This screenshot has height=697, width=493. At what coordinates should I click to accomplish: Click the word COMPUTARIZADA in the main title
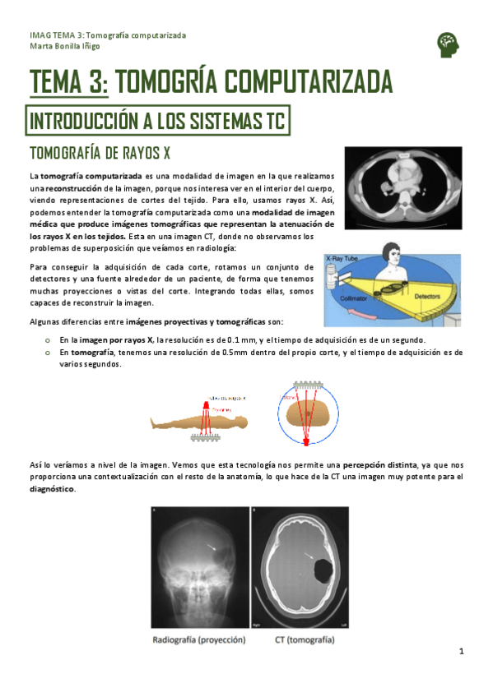click(x=308, y=82)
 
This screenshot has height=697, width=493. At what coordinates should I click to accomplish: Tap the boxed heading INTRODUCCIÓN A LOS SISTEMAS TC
click(x=157, y=122)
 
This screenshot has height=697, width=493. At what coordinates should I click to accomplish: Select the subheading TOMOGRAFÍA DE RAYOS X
click(x=100, y=154)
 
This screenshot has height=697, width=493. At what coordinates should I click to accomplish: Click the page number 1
click(x=463, y=651)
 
